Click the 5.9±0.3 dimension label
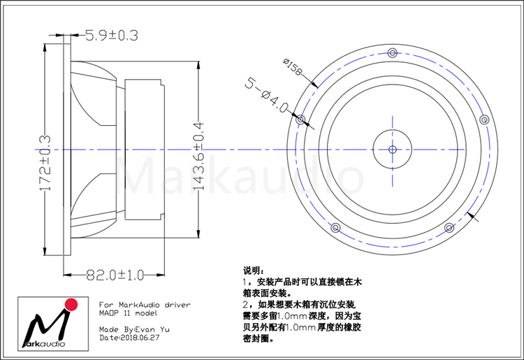[112, 36]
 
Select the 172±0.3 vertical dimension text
[45, 163]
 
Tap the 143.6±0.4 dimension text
[198, 157]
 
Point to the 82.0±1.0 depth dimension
[115, 275]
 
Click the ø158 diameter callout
[293, 67]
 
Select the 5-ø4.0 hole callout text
[266, 95]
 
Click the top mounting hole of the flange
[393, 53]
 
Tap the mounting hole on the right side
[484, 120]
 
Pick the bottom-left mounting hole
[335, 228]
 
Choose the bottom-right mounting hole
[449, 228]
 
